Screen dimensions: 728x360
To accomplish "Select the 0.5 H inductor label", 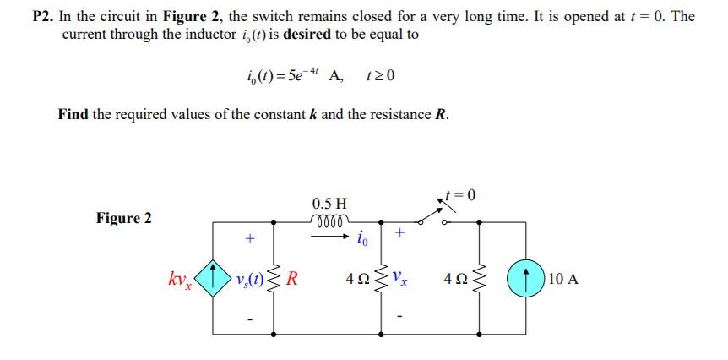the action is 328,204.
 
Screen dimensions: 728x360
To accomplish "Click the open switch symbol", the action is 438,216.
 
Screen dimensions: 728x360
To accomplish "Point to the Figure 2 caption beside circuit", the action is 124,218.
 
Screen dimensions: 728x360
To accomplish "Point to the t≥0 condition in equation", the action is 380,75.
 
